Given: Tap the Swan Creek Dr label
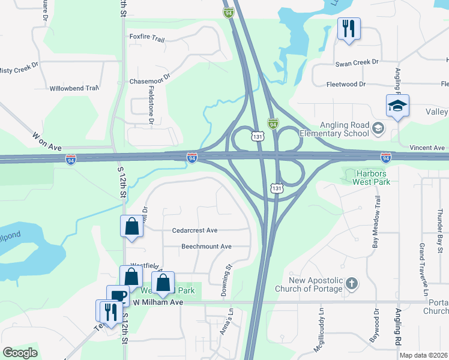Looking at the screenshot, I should pos(357,62).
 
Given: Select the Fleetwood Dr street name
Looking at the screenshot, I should pos(346,85).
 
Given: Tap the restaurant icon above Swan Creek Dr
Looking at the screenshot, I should pos(349,28).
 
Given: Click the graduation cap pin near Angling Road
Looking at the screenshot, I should pos(397,106).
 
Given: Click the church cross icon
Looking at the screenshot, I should pos(352,281).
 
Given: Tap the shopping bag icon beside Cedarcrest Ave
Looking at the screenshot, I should pos(132,227).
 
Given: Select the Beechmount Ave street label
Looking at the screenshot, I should pos(206,247).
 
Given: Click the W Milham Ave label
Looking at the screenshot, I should pos(158,302).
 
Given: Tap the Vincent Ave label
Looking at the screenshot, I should pos(427,148).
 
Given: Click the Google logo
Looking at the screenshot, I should pos(20,353).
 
